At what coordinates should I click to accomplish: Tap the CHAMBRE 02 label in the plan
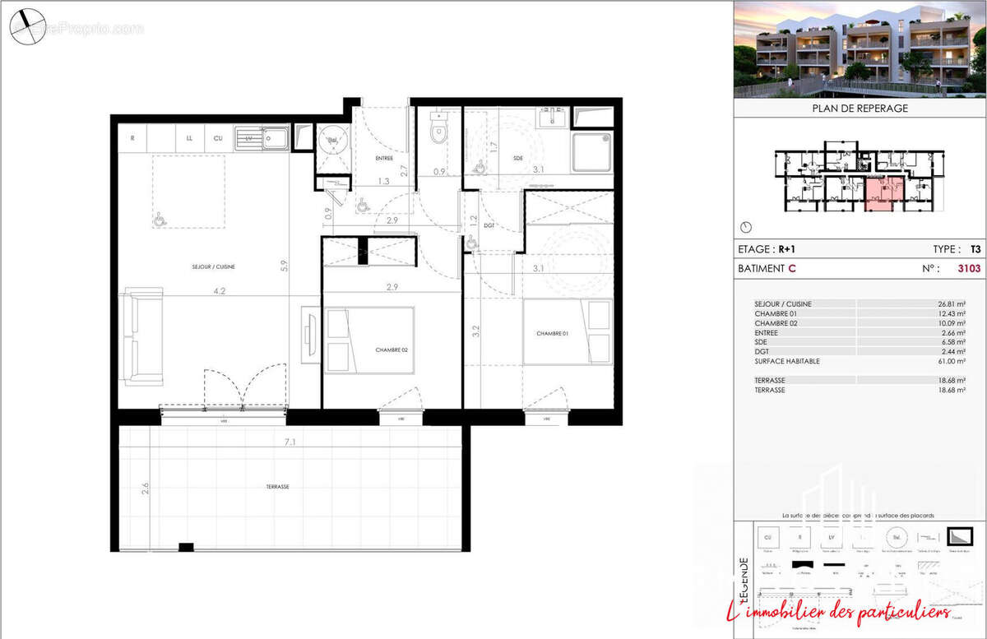tap(392, 350)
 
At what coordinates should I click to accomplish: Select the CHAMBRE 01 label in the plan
tap(554, 333)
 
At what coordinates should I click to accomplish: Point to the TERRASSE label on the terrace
tap(277, 487)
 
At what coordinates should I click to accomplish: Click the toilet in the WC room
tap(438, 132)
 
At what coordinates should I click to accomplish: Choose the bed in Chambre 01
tap(568, 331)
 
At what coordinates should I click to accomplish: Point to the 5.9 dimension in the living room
tap(283, 266)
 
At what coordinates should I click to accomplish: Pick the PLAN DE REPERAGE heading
tap(860, 108)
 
